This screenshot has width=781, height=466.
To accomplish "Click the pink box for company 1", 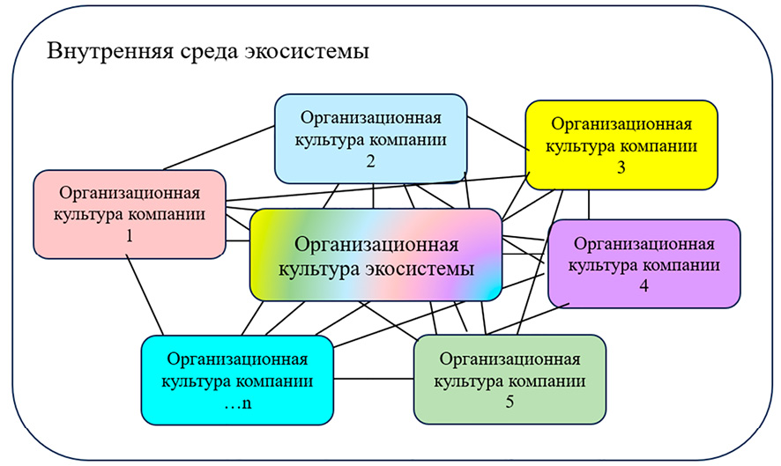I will (128, 214).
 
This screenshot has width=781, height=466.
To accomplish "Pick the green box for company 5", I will (510, 379).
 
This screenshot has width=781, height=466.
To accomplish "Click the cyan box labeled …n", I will (237, 380).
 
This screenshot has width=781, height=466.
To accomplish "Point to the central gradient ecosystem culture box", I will (376, 255).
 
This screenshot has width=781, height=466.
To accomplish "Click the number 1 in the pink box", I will (129, 237).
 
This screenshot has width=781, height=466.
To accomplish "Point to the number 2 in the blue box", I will (370, 162).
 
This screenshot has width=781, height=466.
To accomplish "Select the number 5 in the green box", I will (510, 403).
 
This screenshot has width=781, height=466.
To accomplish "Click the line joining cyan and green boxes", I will (375, 380).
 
